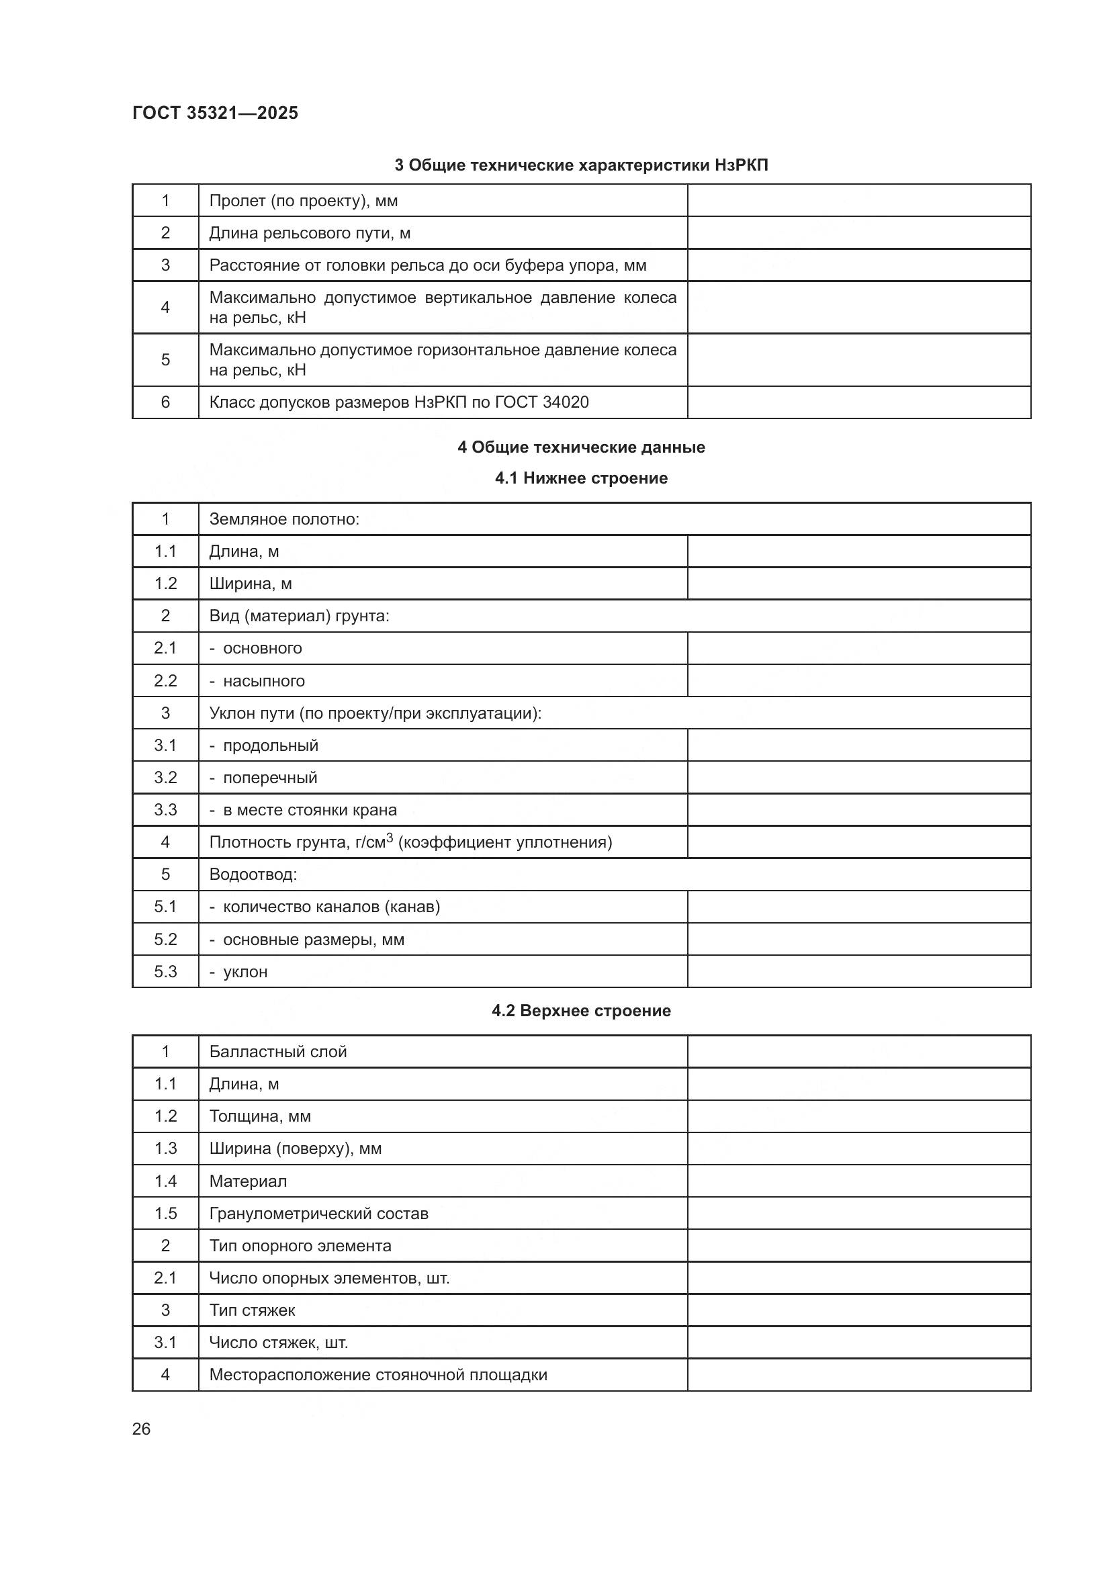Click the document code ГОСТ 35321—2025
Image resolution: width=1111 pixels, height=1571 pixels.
215,113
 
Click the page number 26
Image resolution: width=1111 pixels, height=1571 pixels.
141,1429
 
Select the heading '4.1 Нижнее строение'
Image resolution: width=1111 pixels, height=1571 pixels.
581,478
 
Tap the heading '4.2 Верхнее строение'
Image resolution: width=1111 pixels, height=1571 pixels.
581,1011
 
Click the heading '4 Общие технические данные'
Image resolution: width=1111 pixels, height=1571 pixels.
581,447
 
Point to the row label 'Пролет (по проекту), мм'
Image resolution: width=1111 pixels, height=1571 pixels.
303,201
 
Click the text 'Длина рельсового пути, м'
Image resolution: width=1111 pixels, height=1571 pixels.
309,233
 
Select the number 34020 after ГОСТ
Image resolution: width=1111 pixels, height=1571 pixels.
565,402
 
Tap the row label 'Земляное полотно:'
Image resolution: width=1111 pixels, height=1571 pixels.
284,519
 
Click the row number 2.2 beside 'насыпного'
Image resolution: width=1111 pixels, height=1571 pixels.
165,681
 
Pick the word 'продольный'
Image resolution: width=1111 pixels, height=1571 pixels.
271,745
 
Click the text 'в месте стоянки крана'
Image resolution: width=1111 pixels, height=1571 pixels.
310,810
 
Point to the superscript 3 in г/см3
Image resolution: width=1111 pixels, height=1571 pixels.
390,837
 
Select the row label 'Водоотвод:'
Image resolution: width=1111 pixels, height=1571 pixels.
253,874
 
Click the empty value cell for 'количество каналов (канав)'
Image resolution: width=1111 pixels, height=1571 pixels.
858,907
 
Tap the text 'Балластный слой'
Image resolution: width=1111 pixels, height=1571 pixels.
278,1052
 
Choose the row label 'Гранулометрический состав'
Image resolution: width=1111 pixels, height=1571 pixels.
319,1213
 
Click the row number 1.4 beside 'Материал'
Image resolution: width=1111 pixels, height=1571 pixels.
165,1181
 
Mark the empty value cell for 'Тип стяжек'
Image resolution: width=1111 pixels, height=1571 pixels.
858,1310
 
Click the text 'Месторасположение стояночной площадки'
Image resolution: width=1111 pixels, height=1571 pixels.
378,1375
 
